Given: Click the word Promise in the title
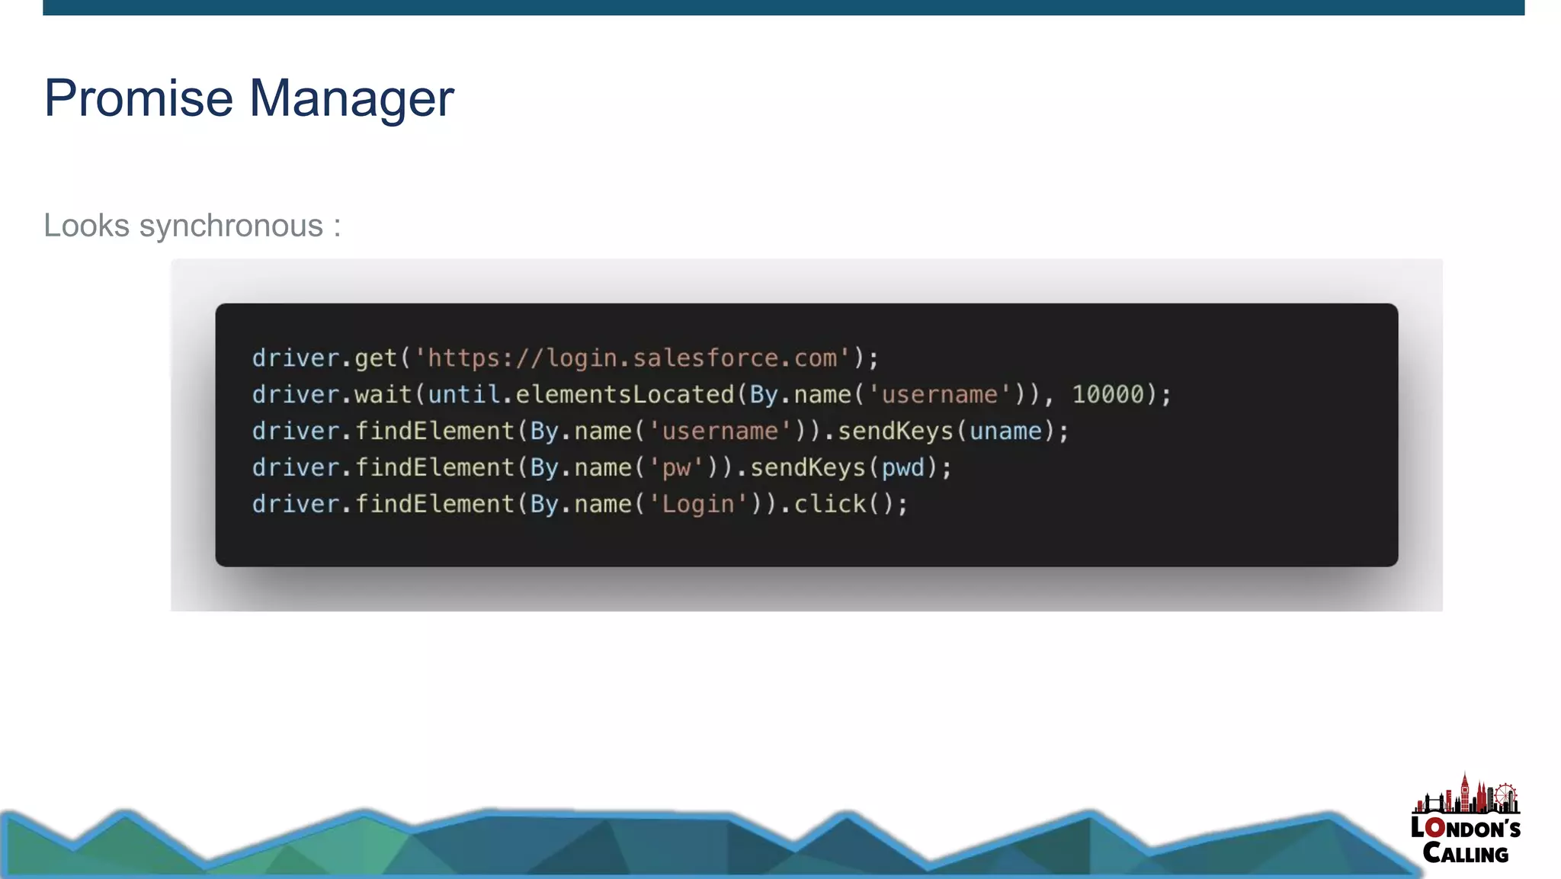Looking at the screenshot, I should tap(138, 98).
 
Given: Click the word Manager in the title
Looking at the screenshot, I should tap(351, 98).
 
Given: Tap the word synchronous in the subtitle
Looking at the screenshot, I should tap(231, 226).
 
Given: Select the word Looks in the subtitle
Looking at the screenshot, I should tap(86, 226).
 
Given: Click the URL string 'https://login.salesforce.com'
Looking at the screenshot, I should tap(632, 358).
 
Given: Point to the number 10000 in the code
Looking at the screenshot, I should tap(1108, 395).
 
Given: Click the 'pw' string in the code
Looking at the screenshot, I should tap(675, 468).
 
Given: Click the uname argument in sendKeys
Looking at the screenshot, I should tap(1005, 431).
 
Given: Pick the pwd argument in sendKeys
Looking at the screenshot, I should tap(903, 468).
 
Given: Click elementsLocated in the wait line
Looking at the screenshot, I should tap(624, 395).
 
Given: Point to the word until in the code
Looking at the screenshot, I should tap(463, 395).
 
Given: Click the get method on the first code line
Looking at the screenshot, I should tap(376, 358).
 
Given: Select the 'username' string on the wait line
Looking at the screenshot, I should tap(940, 395).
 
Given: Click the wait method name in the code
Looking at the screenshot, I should tap(383, 395).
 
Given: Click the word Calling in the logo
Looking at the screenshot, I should tap(1465, 853).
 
